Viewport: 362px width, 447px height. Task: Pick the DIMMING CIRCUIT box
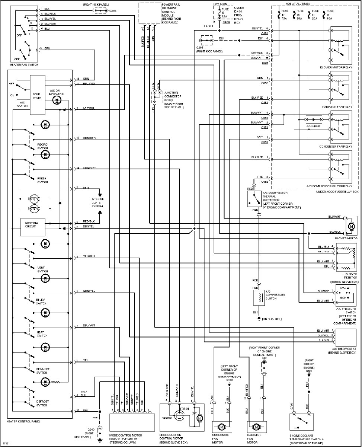(32, 227)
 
